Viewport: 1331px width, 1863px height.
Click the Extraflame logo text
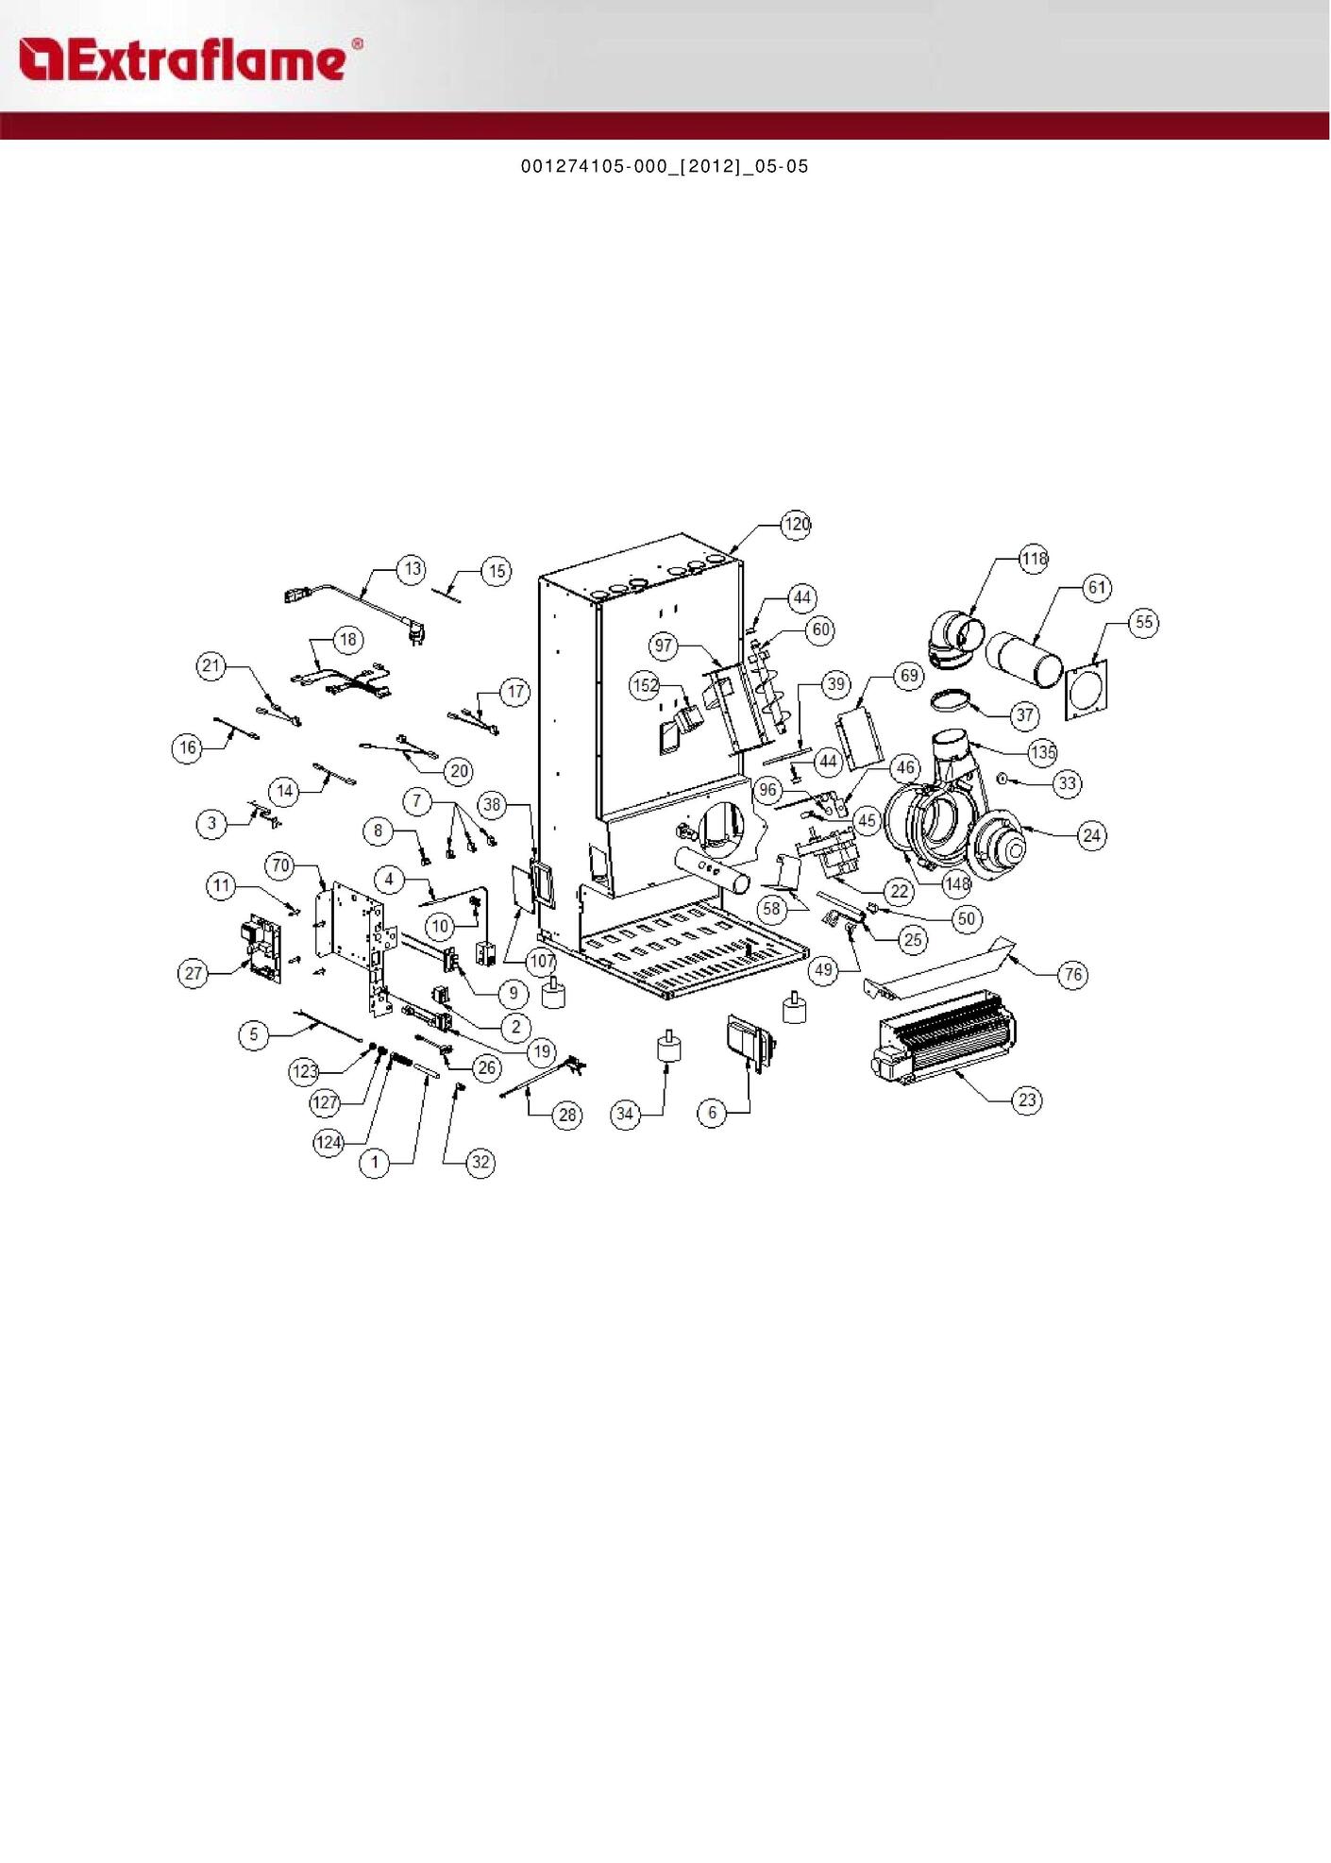[x=189, y=60]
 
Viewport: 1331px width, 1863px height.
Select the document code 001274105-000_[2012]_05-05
[x=665, y=167]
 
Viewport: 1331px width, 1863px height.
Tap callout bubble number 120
[x=797, y=525]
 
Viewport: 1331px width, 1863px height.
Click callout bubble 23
[x=1027, y=1099]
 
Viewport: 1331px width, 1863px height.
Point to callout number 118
[x=1034, y=559]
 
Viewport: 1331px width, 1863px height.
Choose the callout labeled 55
[x=1144, y=623]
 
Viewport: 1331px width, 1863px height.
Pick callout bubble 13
[x=413, y=569]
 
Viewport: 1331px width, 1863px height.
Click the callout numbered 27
[x=194, y=973]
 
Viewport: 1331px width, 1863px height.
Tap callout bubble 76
[x=1073, y=974]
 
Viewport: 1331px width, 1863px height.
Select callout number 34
[x=625, y=1114]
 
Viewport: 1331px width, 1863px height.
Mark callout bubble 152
[x=645, y=685]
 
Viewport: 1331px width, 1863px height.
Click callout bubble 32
[x=480, y=1162]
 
